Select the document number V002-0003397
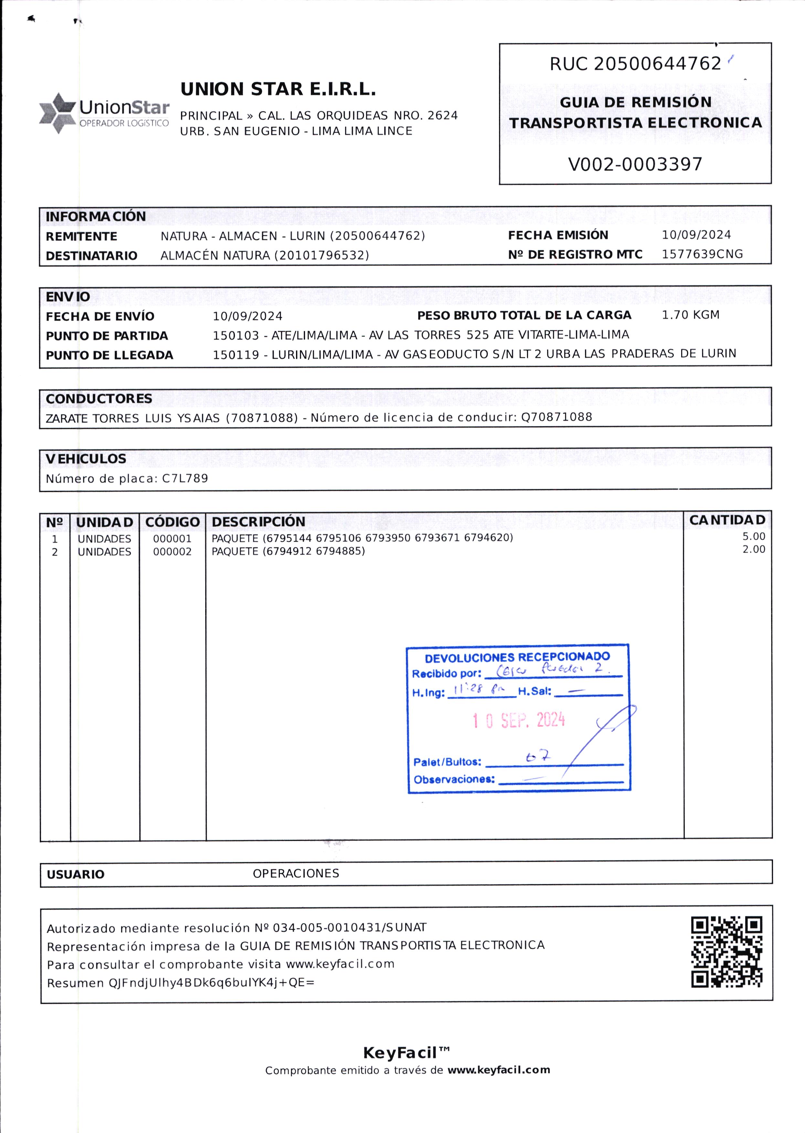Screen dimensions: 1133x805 coord(635,164)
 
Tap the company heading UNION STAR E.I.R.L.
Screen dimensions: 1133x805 coord(278,89)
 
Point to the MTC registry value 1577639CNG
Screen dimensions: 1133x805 coord(702,254)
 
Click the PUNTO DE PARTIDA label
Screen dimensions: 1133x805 coord(107,336)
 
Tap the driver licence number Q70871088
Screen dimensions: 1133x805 coord(556,417)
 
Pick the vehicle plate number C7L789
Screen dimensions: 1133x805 coord(185,479)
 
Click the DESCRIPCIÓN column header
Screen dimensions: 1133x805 coord(258,522)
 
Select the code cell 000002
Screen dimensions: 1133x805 coord(172,552)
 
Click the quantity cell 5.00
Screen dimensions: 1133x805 coord(753,536)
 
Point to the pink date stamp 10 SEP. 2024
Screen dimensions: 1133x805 coord(518,720)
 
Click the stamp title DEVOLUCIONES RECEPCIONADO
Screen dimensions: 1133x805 coord(517,657)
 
